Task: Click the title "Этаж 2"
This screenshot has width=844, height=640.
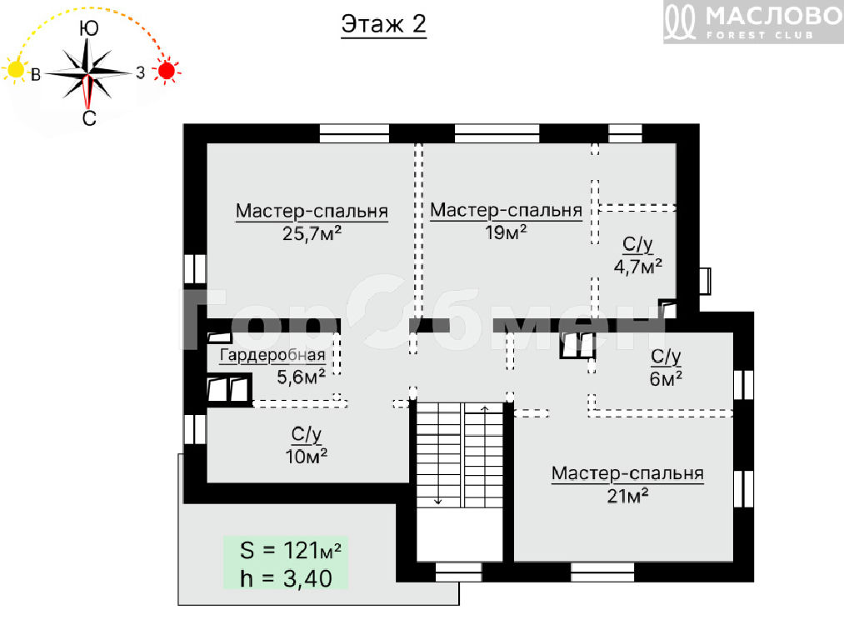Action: coord(384,24)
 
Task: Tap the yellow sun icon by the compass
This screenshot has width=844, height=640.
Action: coord(15,70)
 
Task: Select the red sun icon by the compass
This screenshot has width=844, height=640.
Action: coord(167,71)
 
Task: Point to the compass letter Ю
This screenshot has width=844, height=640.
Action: coord(89,28)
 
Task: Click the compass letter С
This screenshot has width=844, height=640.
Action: coord(89,117)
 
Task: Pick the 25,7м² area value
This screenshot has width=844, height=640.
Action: coord(312,233)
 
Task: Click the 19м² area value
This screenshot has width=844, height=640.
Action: coord(506,232)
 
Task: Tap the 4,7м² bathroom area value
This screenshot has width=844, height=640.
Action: coord(638,266)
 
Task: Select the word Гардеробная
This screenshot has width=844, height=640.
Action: coord(273,355)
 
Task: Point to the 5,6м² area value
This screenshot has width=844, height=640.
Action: coord(301,377)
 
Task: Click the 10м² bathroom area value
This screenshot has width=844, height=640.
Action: coord(307,457)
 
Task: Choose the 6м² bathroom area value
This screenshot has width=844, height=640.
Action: coord(666,379)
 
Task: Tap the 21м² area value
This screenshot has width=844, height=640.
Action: coord(627,496)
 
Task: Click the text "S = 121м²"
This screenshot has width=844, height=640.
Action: coord(291,551)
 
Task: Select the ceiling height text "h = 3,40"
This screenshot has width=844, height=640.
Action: coord(286,578)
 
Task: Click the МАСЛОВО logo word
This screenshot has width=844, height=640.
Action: coord(774,16)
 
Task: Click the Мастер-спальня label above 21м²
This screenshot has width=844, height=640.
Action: coord(627,473)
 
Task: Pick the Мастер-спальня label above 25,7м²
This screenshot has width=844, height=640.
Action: coord(312,211)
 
